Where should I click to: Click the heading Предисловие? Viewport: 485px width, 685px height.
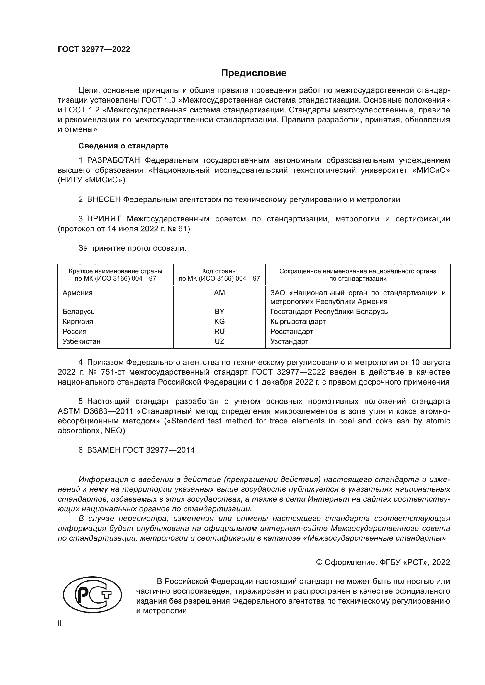click(x=254, y=73)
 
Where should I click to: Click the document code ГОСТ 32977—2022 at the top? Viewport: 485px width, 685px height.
click(x=94, y=49)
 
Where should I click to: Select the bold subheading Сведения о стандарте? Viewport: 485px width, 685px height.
click(x=123, y=146)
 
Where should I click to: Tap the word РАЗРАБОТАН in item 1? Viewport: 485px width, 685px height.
click(x=113, y=160)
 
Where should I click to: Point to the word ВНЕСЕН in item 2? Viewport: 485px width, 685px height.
click(x=104, y=200)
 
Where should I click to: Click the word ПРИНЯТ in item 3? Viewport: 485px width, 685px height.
click(x=104, y=219)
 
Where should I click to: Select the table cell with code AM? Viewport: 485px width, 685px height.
click(x=219, y=293)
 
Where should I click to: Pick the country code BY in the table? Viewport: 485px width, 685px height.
click(x=219, y=312)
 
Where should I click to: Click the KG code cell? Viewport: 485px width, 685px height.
click(x=219, y=322)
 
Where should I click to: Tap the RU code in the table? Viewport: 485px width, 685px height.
click(x=219, y=332)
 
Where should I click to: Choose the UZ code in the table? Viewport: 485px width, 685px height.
click(x=219, y=341)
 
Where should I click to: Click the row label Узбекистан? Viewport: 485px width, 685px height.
click(x=81, y=341)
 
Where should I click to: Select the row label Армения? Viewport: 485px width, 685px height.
click(x=77, y=293)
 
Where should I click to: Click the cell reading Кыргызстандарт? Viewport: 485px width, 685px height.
click(x=298, y=322)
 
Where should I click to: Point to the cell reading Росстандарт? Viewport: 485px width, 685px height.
click(x=291, y=332)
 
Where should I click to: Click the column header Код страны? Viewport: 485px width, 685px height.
click(x=219, y=271)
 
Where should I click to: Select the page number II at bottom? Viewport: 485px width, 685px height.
click(x=60, y=623)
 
